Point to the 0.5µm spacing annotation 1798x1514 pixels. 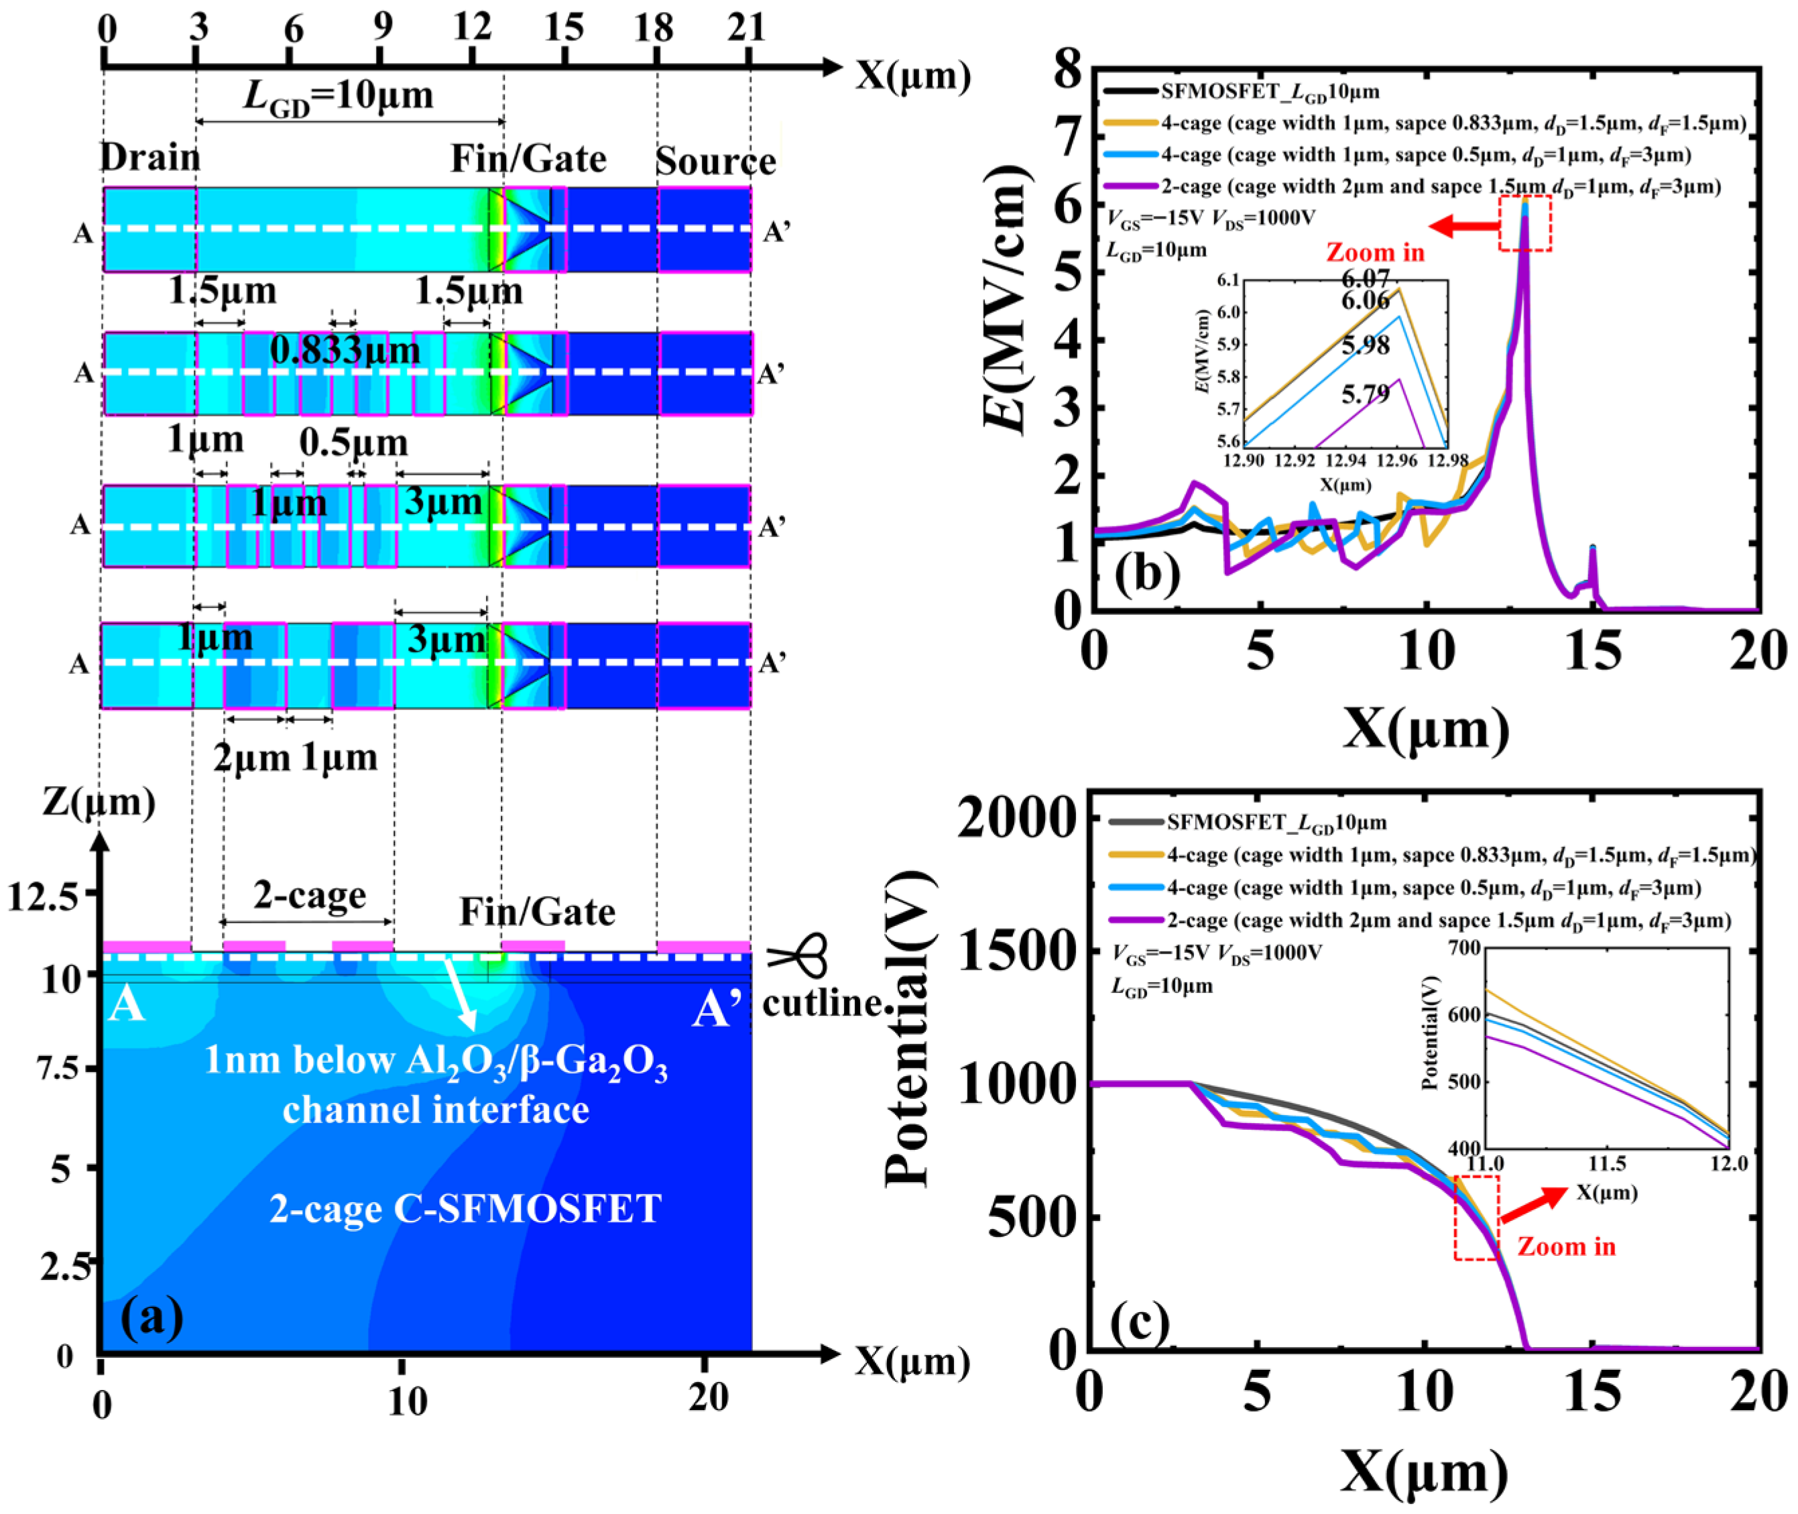353,443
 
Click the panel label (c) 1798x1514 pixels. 1140,1324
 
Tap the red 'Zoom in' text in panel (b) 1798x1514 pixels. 1376,252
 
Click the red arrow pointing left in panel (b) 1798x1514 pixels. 1464,227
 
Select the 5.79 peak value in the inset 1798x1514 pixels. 1366,395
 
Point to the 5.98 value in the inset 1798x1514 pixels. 1366,346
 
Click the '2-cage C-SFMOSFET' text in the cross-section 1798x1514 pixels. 465,1208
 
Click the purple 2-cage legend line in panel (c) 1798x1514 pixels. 1137,921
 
